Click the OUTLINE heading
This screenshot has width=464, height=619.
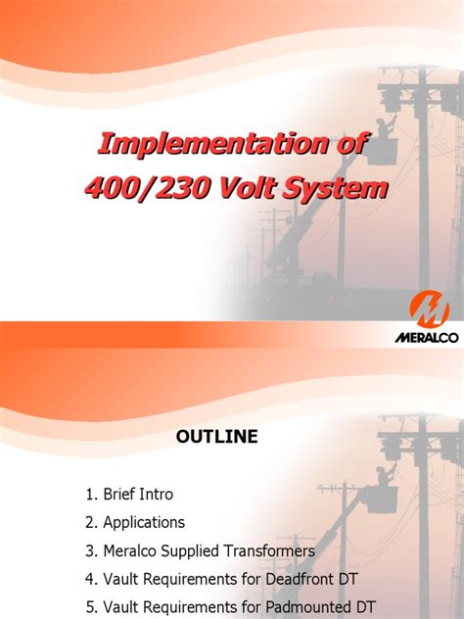point(217,438)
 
